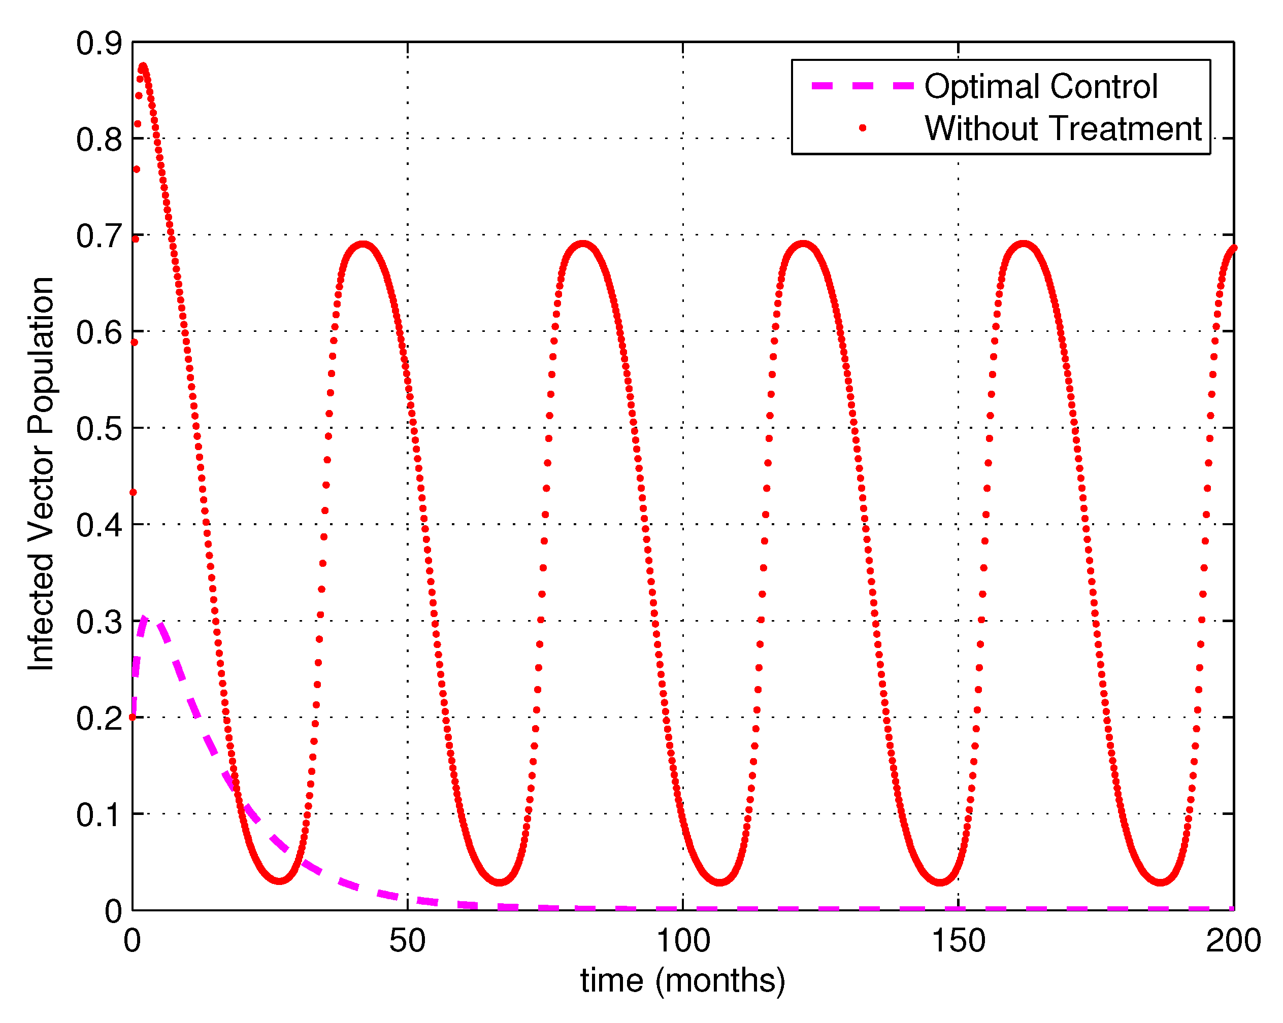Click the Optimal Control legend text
coord(1040,87)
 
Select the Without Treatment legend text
coord(1063,128)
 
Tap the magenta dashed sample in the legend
coord(862,86)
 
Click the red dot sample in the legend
coord(862,128)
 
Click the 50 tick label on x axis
coord(408,940)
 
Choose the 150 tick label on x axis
coord(958,940)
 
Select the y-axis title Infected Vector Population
coord(42,474)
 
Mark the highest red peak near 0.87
coord(143,66)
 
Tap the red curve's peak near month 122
coord(803,244)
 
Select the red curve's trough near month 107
coord(720,881)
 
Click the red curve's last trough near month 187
coord(1161,881)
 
